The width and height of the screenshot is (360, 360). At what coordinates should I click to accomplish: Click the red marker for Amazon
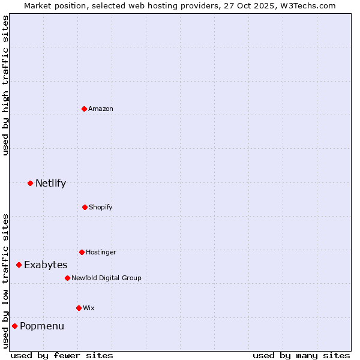click(84, 109)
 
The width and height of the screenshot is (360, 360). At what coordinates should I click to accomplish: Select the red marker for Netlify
click(30, 183)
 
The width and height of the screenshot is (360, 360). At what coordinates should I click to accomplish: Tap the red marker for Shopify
click(85, 207)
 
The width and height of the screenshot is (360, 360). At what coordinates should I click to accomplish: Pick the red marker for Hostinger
click(82, 252)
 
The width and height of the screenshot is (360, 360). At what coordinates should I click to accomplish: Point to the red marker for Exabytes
click(19, 265)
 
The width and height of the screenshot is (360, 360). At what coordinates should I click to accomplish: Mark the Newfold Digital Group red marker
click(67, 278)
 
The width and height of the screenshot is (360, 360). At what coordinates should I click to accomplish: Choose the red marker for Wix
click(79, 308)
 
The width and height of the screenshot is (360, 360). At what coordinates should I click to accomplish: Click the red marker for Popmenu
click(14, 326)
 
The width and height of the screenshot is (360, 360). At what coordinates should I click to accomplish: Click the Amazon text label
click(101, 109)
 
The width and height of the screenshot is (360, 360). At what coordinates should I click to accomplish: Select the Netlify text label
click(50, 183)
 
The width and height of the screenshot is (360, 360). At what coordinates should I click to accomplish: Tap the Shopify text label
click(101, 207)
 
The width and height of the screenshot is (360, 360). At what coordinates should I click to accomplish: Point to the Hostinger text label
click(101, 252)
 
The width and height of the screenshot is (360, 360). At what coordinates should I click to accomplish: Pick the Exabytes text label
click(46, 265)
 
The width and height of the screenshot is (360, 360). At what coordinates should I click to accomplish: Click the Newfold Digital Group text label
click(106, 278)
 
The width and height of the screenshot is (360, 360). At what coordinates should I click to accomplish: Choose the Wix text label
click(89, 308)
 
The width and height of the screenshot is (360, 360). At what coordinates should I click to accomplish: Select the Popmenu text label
click(42, 326)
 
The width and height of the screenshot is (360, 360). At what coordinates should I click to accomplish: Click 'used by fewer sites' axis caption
click(62, 355)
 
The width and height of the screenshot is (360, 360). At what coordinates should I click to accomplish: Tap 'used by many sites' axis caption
click(301, 355)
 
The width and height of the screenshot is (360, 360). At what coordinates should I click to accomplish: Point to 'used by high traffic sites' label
click(5, 85)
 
